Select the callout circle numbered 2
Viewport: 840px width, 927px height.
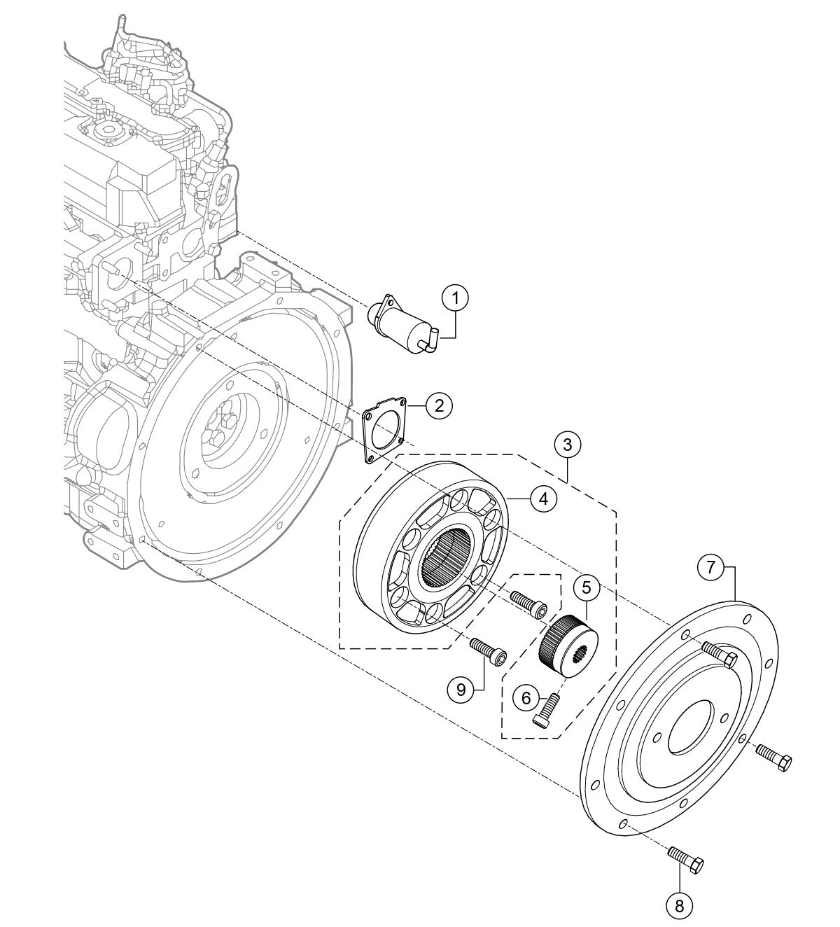pos(439,405)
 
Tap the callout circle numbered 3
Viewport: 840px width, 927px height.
pos(567,444)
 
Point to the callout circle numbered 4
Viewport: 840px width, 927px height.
pos(543,498)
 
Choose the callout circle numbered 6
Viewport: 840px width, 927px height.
pos(526,697)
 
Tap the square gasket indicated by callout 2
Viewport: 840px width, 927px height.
pos(384,430)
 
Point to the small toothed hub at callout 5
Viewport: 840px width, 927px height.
pos(567,642)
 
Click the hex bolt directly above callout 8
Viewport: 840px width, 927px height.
pos(687,860)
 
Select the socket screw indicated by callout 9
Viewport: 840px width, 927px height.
pos(488,648)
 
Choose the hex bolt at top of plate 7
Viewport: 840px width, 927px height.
pos(717,654)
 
